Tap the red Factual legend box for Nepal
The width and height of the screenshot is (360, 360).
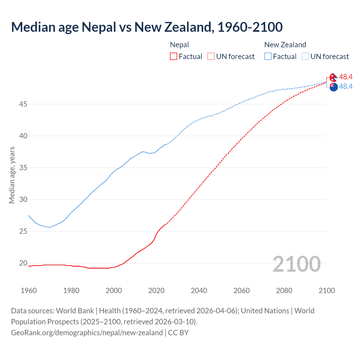point(174,57)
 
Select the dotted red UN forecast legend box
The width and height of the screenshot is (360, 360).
point(211,57)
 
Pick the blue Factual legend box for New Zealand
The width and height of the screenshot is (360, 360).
point(268,57)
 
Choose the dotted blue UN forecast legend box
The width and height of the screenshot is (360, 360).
point(305,57)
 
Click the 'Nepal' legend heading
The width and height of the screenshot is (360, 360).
point(179,45)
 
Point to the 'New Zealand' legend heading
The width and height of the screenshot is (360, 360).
point(285,45)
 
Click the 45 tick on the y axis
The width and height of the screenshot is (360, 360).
point(23,104)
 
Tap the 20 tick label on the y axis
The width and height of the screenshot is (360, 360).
point(23,263)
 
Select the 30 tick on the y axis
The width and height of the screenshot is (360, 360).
point(23,200)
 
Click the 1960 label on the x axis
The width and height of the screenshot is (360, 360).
point(29,291)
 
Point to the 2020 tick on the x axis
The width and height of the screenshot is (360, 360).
point(156,291)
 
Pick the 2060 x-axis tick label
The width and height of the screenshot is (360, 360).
point(242,291)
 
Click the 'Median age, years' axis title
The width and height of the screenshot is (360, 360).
point(12,175)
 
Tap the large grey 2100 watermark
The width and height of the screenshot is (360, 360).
point(296,264)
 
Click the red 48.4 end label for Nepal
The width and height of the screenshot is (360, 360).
point(346,77)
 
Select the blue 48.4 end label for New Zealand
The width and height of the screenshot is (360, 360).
point(346,87)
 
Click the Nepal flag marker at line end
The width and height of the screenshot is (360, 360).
point(333,77)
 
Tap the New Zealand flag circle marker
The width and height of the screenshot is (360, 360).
point(334,87)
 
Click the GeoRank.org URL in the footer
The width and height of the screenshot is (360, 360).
point(87,333)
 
